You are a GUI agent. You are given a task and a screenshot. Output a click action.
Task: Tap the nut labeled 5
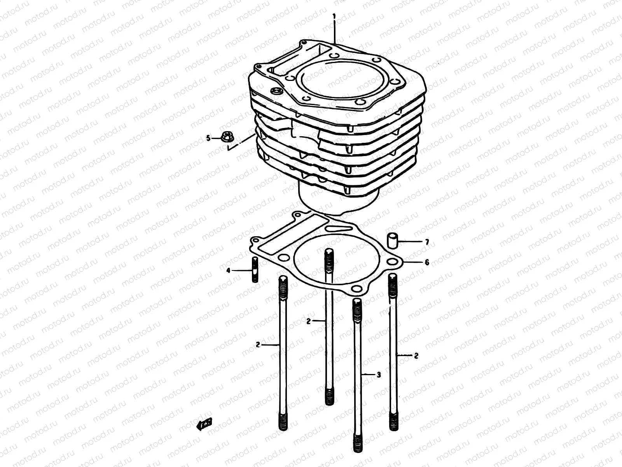tap(226, 137)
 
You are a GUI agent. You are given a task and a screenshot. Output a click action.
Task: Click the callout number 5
tap(208, 138)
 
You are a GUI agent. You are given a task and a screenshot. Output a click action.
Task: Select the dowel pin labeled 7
tap(391, 241)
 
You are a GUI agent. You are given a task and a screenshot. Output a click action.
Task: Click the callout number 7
tap(427, 242)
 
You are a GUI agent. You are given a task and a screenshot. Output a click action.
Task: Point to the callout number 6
tap(427, 262)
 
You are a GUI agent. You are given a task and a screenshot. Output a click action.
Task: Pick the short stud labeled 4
tap(255, 269)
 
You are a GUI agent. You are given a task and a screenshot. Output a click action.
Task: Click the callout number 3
tap(379, 375)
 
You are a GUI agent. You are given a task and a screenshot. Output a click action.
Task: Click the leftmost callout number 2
tap(258, 344)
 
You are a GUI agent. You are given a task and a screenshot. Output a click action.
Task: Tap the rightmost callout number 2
tap(416, 355)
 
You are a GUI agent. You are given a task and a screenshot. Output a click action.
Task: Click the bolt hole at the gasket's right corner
tap(394, 262)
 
